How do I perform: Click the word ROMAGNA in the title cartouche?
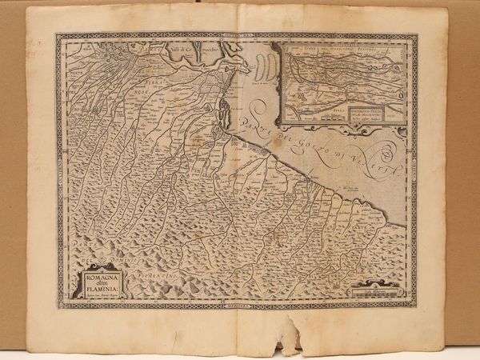point(97,277)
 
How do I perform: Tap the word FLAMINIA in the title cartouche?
point(98,290)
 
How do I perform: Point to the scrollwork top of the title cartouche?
point(97,266)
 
